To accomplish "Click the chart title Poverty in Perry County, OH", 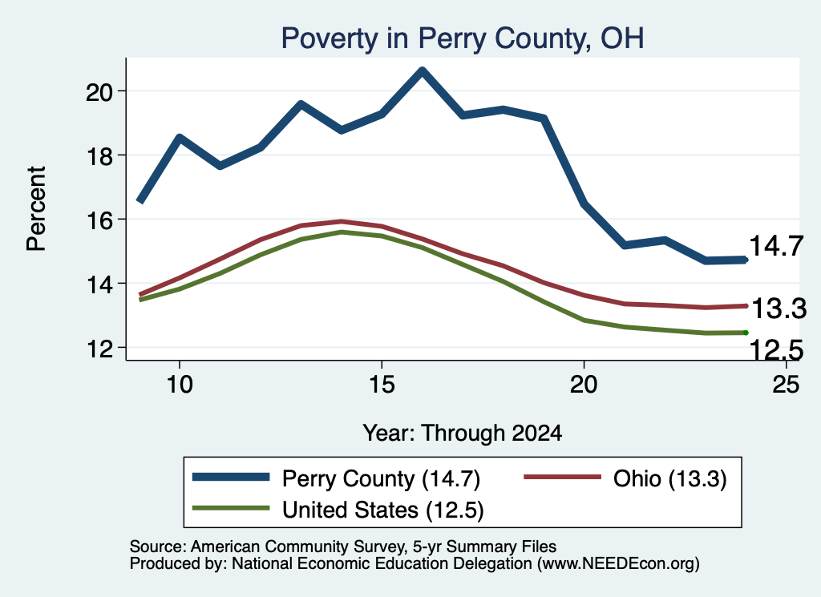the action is coord(463,38).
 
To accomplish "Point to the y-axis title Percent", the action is coord(36,209).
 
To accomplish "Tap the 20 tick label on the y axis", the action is coord(99,92).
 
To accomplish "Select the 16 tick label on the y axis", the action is coord(99,220).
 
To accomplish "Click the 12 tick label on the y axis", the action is coord(99,349).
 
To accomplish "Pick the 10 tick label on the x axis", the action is coord(180,385).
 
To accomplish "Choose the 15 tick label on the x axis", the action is coord(381,385).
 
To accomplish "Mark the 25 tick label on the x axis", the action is coord(786,385).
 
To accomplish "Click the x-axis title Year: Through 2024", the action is coord(463,434).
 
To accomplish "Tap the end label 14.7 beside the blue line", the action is coord(776,246).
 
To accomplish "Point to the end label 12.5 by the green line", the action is coord(776,349).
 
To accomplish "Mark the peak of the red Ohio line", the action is coord(341,221).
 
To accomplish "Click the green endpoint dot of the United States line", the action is coord(746,333).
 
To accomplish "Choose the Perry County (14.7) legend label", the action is coord(381,478).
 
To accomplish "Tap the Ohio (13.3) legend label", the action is coord(669,478).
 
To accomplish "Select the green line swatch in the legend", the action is coord(231,508).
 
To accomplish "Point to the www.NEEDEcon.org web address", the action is coord(617,563).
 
